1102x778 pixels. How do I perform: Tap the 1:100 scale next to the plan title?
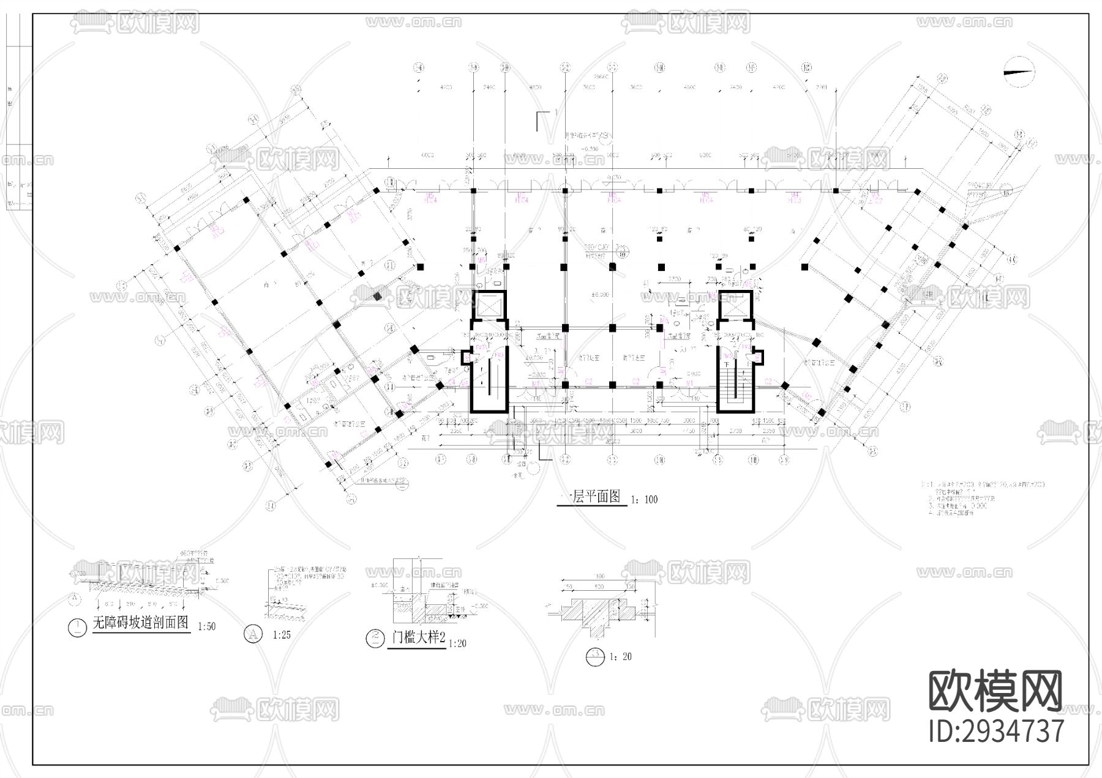[643, 500]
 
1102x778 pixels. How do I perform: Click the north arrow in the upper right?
[1018, 73]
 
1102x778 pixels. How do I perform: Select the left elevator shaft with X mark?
[488, 305]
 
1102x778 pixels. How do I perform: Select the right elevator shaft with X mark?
[735, 305]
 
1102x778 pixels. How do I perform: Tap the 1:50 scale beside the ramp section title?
[207, 627]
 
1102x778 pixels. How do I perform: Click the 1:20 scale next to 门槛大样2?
[457, 643]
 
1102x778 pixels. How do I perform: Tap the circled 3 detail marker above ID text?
[595, 656]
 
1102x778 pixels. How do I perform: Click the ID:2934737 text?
[996, 731]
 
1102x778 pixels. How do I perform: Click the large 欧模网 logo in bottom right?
[996, 691]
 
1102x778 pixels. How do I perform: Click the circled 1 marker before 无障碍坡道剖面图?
[77, 628]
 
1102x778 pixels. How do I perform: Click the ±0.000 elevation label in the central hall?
[601, 295]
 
